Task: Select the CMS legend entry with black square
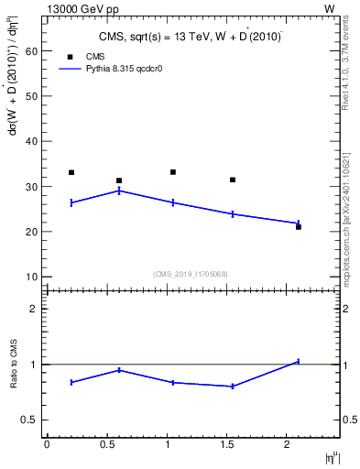click(x=85, y=56)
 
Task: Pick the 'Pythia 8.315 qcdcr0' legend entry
click(x=115, y=69)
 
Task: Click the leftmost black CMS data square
click(x=71, y=172)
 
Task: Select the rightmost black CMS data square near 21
click(x=299, y=226)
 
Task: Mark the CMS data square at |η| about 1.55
click(x=233, y=180)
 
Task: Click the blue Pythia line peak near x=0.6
click(x=119, y=191)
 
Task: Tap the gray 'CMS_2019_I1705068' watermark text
click(x=190, y=273)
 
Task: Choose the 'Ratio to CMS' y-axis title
click(x=14, y=364)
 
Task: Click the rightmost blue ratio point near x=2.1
click(x=299, y=361)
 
